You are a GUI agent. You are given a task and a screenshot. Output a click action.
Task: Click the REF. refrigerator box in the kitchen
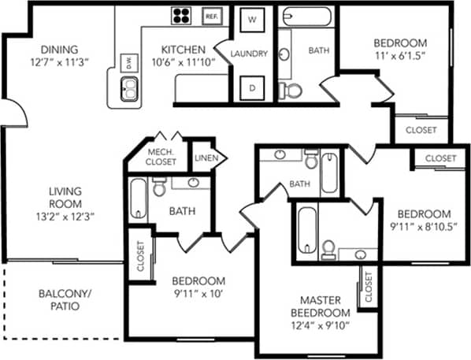click(211, 16)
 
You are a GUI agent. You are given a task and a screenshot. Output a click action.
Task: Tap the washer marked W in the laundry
click(253, 19)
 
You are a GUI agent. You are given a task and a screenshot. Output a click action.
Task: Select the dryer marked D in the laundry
click(253, 87)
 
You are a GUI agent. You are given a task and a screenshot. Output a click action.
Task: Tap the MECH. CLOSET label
click(161, 157)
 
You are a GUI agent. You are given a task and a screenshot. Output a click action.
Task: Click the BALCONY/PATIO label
click(65, 299)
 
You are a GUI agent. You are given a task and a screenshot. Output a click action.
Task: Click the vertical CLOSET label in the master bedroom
click(367, 288)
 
